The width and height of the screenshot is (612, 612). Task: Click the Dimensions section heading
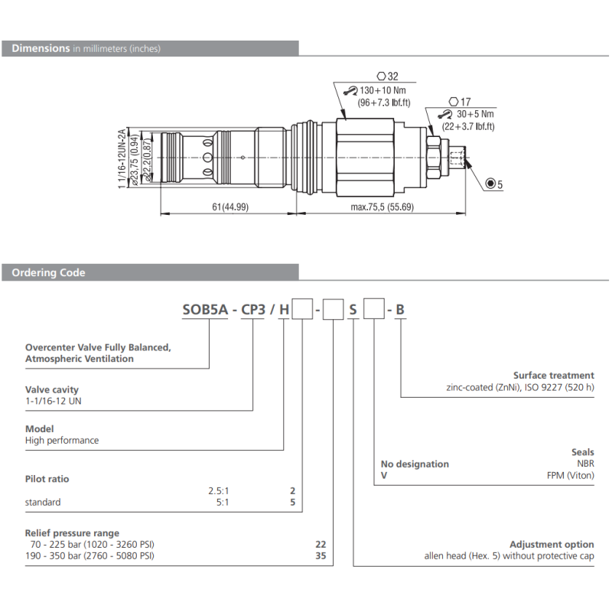pos(41,48)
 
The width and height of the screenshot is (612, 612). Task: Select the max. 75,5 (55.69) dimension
pos(382,207)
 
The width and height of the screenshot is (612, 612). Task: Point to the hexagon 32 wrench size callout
pos(388,76)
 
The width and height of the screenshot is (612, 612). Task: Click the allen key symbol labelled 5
pos(493,184)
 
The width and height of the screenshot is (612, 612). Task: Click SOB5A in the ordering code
pos(206,310)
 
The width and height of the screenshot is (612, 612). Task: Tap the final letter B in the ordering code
pos(400,310)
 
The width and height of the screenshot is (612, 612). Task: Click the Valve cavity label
pos(52,389)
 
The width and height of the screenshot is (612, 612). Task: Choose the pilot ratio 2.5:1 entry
pos(219,490)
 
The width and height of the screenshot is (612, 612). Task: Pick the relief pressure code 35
pos(321,556)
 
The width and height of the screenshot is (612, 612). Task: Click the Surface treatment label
pos(553,376)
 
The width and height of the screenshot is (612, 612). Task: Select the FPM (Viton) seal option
pos(570,476)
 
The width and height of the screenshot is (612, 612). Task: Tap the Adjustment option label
pos(552,544)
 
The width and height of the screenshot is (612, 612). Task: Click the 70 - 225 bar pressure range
pos(90,545)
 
